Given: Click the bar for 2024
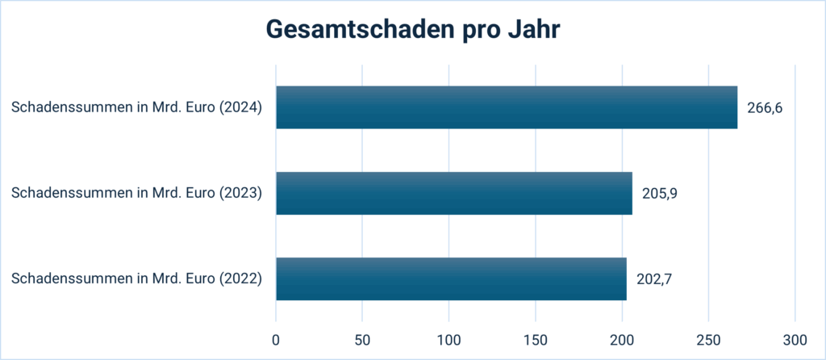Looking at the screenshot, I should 507,107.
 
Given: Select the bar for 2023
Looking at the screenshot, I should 454,193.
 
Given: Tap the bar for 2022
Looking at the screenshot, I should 451,279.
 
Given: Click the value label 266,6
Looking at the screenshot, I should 765,108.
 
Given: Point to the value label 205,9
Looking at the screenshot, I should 659,194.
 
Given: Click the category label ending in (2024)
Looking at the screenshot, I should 137,108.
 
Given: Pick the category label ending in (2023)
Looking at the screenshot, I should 137,194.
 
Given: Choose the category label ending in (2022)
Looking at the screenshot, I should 137,279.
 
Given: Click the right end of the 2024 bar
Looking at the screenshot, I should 736,107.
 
